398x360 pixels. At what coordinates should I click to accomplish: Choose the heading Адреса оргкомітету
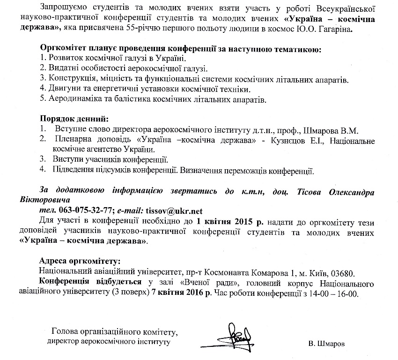click(80, 261)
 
